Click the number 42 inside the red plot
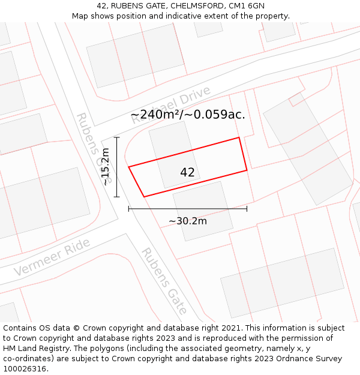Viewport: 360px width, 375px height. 187,172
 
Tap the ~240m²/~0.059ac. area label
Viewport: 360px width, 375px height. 187,114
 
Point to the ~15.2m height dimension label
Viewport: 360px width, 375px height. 106,167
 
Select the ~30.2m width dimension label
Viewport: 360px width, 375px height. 187,221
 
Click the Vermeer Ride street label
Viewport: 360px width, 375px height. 52,257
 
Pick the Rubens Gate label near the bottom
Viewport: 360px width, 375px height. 164,281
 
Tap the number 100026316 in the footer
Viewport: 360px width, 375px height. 25,368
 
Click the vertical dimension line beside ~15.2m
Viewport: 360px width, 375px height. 117,167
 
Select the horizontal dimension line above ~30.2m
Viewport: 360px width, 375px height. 187,209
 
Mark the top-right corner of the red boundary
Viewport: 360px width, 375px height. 239,137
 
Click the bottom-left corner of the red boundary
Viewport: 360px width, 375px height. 144,196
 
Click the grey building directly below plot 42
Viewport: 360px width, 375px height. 202,211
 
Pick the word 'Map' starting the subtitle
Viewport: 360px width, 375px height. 80,16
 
